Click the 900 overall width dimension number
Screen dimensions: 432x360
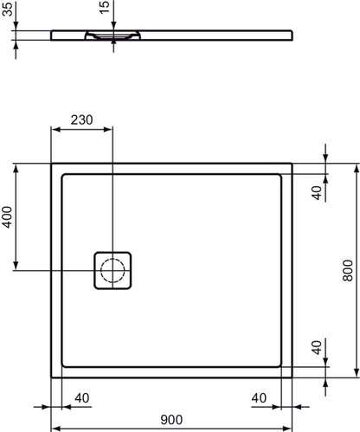172,419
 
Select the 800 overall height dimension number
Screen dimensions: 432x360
347,270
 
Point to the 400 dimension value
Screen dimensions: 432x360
7,216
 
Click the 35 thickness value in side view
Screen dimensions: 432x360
7,14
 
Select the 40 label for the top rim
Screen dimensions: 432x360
317,192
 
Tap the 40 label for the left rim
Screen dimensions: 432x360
82,397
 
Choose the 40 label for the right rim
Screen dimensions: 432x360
260,397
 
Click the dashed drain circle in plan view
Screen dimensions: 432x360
112,271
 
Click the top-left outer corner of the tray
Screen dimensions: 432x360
52,162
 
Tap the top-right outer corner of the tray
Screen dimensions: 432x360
293,162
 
